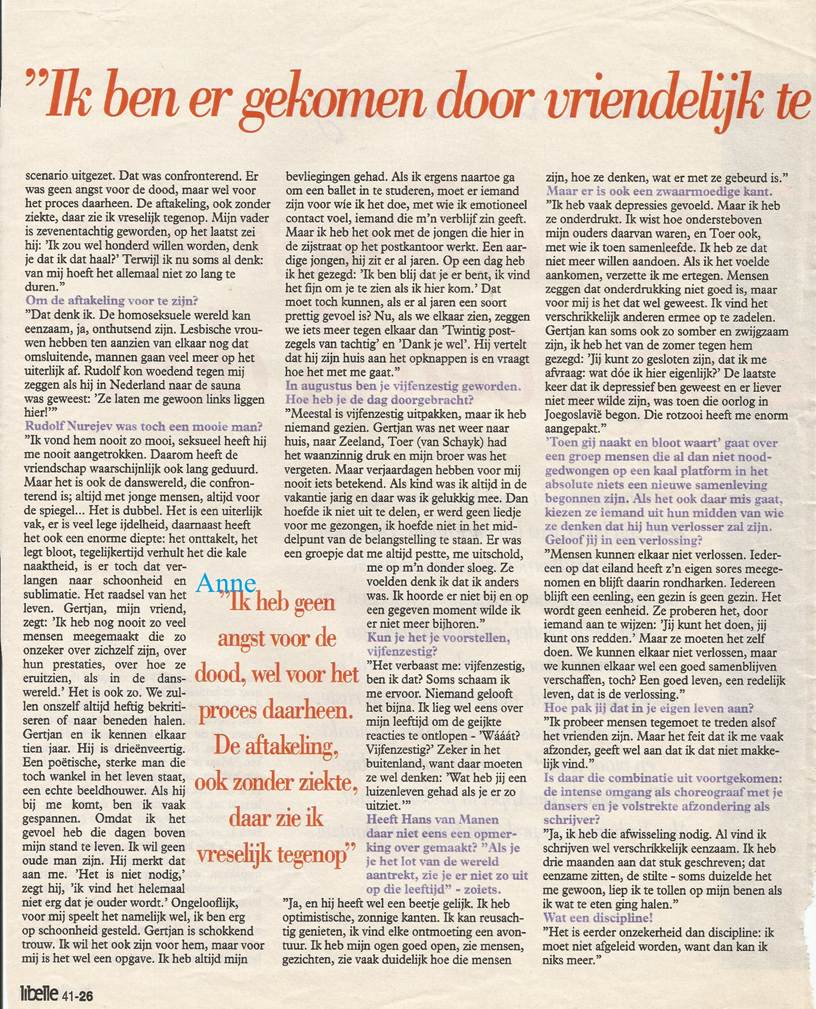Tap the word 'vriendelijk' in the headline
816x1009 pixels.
[670, 100]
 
